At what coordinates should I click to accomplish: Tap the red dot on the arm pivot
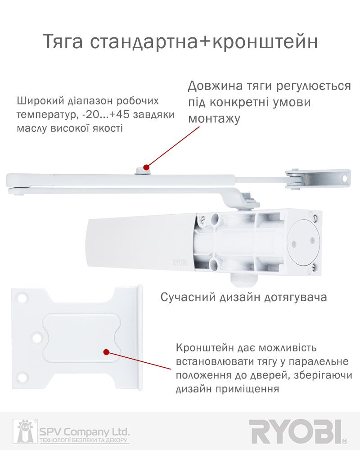146,167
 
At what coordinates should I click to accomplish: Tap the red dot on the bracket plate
106,352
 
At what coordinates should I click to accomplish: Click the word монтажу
214,119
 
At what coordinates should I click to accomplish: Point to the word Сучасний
188,297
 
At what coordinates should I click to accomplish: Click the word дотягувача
295,298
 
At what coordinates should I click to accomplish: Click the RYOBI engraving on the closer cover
180,262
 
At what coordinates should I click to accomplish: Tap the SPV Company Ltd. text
85,432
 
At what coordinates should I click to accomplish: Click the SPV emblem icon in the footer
25,432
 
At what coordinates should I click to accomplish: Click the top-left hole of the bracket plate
22,297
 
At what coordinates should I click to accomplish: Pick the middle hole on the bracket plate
37,337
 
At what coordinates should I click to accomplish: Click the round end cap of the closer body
303,242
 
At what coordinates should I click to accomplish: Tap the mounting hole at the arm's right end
345,179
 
